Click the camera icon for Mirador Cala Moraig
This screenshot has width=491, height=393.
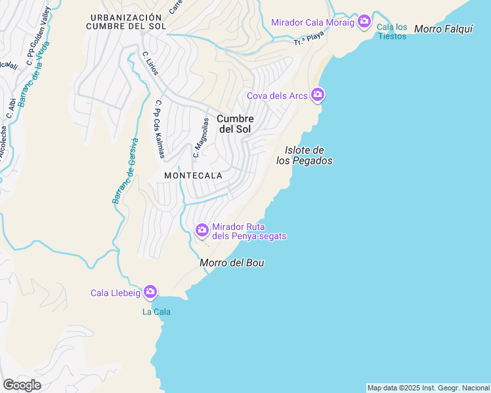[364, 22]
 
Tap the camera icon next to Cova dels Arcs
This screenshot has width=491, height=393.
[318, 96]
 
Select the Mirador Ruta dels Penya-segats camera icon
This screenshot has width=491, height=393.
[202, 230]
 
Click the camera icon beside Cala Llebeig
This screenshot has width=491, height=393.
[150, 292]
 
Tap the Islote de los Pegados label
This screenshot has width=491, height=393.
[304, 155]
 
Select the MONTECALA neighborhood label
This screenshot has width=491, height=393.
[193, 176]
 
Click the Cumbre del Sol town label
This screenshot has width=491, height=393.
[235, 124]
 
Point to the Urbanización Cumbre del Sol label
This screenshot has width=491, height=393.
[125, 22]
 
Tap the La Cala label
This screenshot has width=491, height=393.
[156, 312]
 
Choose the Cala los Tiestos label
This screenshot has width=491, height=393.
[392, 31]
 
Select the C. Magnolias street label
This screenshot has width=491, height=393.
[200, 138]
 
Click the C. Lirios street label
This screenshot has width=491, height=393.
[150, 64]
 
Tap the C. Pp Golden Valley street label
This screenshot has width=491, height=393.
[37, 36]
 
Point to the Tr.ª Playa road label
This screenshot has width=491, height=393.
[309, 41]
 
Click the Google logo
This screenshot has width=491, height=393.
[22, 384]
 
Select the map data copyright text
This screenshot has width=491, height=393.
[428, 388]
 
